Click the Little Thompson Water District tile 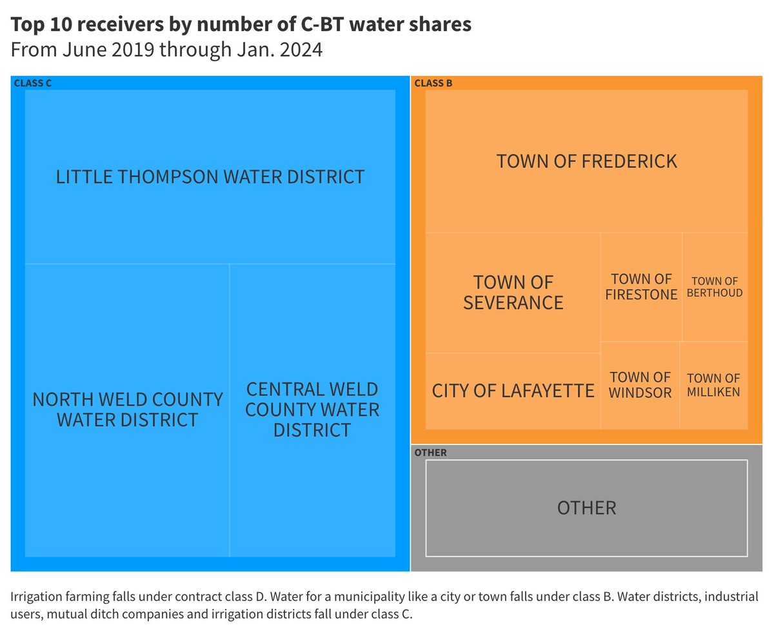[x=210, y=177]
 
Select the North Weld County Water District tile [x=127, y=410]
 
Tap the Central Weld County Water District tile [x=312, y=410]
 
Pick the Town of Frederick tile [x=586, y=161]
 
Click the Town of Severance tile [x=513, y=292]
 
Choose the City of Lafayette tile [x=513, y=391]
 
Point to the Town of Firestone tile [x=641, y=287]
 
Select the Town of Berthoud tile [x=715, y=287]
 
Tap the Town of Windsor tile [x=640, y=385]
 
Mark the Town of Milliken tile [x=713, y=385]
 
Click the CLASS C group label [x=33, y=83]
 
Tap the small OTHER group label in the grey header [x=430, y=453]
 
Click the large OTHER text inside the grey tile [x=586, y=508]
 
